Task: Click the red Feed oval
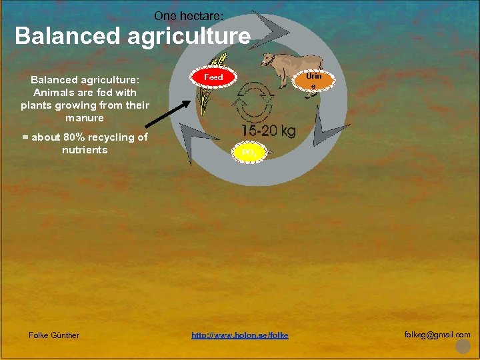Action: pos(214,77)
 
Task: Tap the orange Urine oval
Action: pos(313,81)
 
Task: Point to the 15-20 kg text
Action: pos(268,131)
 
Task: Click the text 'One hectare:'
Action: pos(193,15)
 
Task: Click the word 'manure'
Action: pos(85,118)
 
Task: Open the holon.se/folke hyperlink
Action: pos(240,335)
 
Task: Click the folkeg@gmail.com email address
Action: pos(437,335)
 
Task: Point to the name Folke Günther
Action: pos(54,335)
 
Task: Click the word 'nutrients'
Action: pos(85,150)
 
